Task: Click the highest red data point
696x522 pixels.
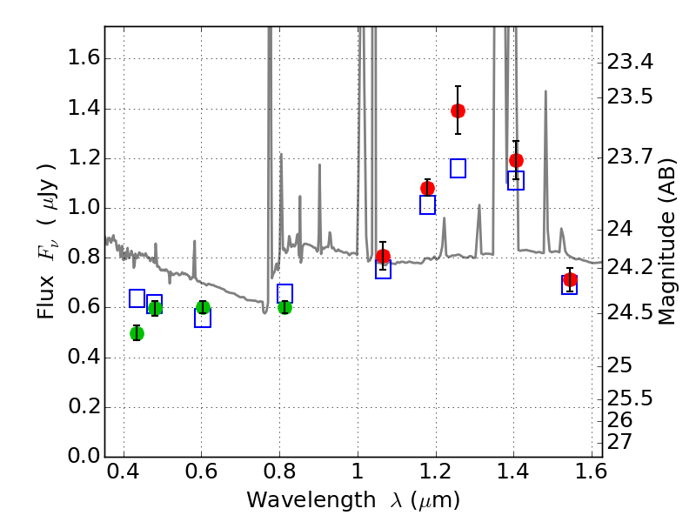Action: point(458,110)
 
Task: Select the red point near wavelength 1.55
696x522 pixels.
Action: point(570,280)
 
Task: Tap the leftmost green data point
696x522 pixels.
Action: point(137,333)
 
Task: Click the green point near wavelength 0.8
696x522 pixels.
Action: point(284,307)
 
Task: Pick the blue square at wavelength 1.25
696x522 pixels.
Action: point(458,168)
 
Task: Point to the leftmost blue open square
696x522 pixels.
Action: point(137,298)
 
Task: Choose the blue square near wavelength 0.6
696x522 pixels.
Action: point(203,318)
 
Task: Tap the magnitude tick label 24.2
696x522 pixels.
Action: point(630,266)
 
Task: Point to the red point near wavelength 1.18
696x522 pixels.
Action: point(427,188)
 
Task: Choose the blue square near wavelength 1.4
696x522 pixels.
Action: point(515,180)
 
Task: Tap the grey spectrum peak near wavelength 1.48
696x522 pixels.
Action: point(545,91)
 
